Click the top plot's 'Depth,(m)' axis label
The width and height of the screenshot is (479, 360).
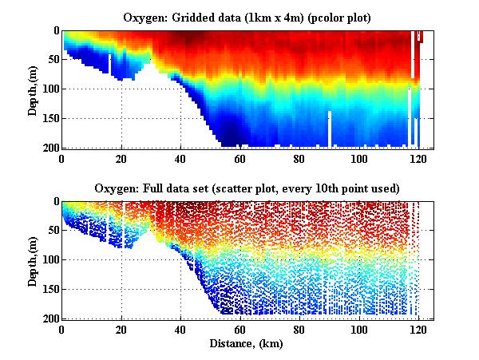click(x=33, y=89)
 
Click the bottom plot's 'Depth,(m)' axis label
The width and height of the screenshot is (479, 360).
click(x=33, y=260)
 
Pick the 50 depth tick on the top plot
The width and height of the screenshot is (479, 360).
click(x=52, y=60)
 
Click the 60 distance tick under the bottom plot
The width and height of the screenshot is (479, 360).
click(x=239, y=329)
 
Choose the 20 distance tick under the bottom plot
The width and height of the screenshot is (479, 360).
click(x=121, y=329)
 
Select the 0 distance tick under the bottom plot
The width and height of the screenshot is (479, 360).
click(x=62, y=329)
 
